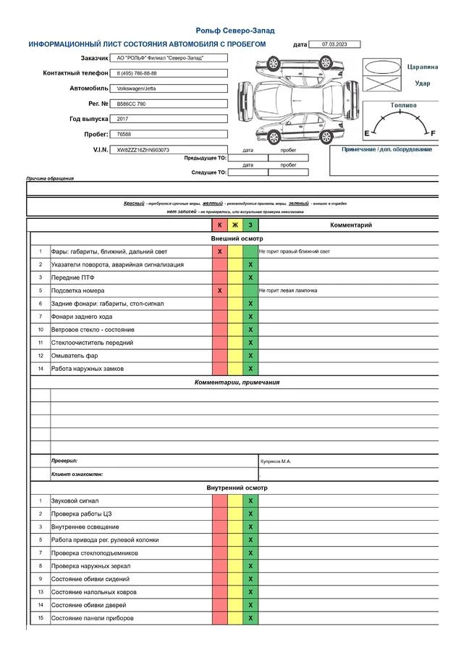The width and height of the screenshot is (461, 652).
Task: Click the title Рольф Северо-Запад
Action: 236,30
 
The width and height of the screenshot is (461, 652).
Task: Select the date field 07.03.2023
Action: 334,44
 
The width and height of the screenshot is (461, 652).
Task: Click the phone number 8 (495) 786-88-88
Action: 138,73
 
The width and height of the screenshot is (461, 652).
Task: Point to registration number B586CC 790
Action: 132,104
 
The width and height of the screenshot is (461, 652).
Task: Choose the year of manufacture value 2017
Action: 122,119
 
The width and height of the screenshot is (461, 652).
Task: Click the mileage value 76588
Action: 124,134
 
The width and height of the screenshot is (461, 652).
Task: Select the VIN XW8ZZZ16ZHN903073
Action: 143,150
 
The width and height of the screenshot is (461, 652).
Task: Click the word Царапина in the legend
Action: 423,67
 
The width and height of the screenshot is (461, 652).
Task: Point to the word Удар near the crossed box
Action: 423,83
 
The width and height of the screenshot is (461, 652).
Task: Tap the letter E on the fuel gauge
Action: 366,133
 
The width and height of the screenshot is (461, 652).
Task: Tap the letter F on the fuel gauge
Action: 433,133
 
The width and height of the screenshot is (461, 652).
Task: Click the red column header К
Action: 220,225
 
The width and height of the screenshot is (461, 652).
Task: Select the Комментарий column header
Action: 351,225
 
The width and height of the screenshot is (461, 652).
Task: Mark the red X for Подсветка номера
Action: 220,291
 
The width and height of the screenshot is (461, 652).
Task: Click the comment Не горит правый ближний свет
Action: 294,251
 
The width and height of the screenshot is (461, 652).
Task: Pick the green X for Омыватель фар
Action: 250,356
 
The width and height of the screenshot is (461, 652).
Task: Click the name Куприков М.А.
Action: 276,461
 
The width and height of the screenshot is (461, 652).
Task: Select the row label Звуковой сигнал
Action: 75,501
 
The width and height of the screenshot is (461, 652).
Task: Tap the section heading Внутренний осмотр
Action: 237,488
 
